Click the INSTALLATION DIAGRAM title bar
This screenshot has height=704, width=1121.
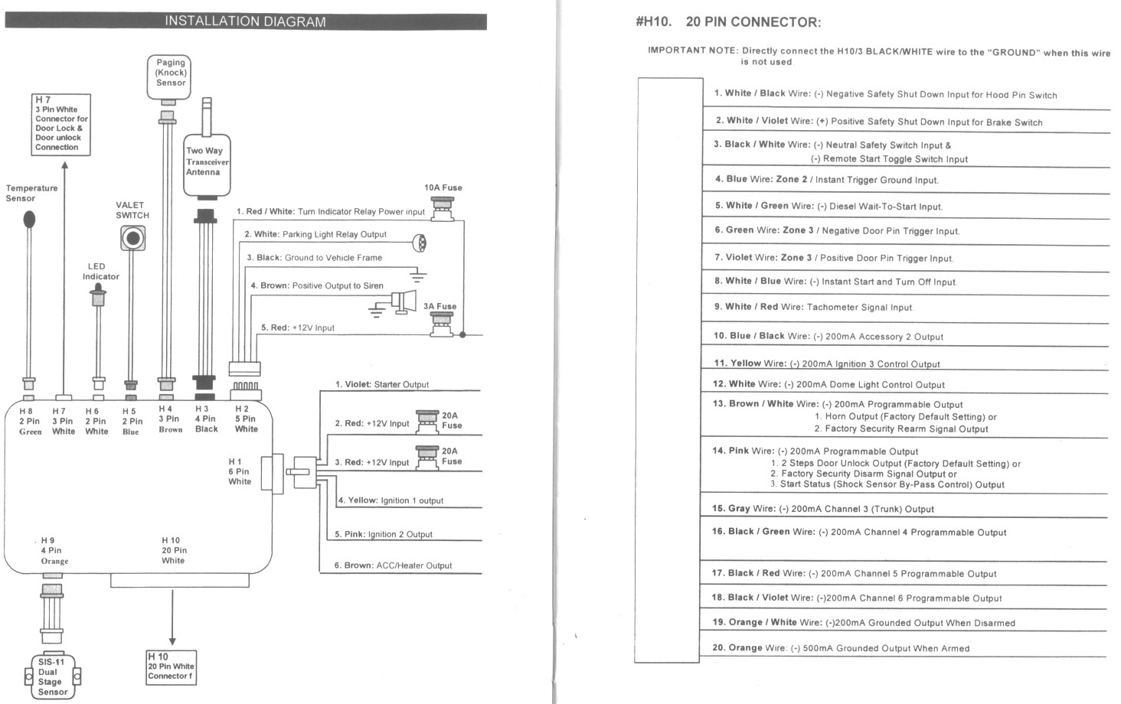tap(245, 21)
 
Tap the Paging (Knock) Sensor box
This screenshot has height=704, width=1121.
tap(169, 77)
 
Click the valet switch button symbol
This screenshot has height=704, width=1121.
tap(133, 240)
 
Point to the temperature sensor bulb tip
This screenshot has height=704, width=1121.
tap(29, 220)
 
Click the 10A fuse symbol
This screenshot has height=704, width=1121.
tap(442, 208)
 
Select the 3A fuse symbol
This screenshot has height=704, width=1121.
tap(441, 325)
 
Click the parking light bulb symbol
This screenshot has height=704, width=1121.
tap(420, 243)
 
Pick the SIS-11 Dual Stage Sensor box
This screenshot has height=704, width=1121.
tap(53, 676)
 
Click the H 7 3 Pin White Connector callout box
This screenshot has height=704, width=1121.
tap(61, 125)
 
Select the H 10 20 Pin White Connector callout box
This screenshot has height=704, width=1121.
tap(171, 667)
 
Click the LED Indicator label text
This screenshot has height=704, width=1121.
tap(100, 272)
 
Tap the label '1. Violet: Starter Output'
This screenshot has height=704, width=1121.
tap(381, 384)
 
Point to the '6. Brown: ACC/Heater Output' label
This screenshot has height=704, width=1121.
tap(393, 565)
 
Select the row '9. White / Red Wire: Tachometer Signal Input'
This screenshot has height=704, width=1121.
tap(813, 307)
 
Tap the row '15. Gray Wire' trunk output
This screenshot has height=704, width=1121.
tap(822, 508)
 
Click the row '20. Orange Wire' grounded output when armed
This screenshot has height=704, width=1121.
tap(840, 647)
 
